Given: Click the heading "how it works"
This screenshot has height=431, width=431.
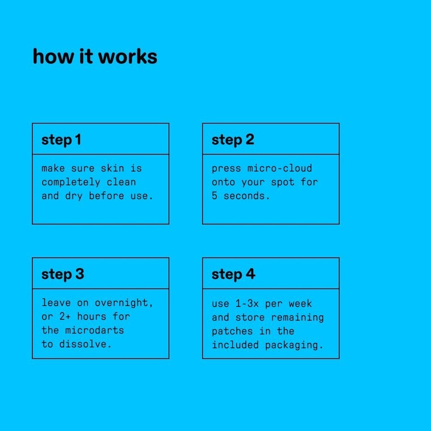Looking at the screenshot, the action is tap(95, 57).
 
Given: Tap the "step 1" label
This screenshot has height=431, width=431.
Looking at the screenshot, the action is tap(62, 140).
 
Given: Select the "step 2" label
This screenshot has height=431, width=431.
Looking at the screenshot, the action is tap(233, 140).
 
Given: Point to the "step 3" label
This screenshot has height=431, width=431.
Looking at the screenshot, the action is tap(63, 274).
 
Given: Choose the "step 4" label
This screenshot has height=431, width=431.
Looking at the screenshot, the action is tap(233, 274).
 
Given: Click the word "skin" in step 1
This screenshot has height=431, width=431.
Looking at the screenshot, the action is tap(112, 168).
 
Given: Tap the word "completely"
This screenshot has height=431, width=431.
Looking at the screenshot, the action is tap(71, 182).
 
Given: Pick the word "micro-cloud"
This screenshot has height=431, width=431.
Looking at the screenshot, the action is tap(280, 168).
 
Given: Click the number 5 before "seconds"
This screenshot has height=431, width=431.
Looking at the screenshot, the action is tap(215, 195).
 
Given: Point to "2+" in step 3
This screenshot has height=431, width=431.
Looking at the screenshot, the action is tap(65, 317).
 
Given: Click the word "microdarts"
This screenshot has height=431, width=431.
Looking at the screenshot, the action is tap(95, 330).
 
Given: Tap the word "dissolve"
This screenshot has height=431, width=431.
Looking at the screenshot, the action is tap(83, 344).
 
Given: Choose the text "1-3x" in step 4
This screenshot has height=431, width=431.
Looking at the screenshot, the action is tap(247, 303).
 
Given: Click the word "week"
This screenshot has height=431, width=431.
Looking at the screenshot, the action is tap(300, 303).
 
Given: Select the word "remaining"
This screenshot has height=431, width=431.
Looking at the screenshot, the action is tap(297, 317).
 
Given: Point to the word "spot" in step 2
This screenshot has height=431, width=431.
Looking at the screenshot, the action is tap(282, 182).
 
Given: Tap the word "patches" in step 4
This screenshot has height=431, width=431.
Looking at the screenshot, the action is tap(232, 331).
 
